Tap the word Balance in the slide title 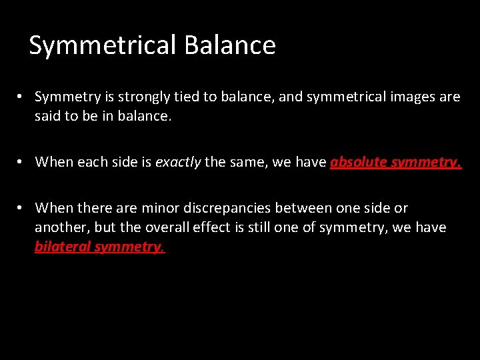(x=230, y=45)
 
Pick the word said (x=48, y=117)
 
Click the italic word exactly (x=178, y=161)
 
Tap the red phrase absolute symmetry (x=395, y=161)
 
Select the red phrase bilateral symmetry (x=99, y=247)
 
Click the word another (x=61, y=227)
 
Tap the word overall (x=163, y=227)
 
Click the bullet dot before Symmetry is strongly (x=21, y=97)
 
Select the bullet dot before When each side (x=21, y=161)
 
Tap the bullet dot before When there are (x=21, y=208)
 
